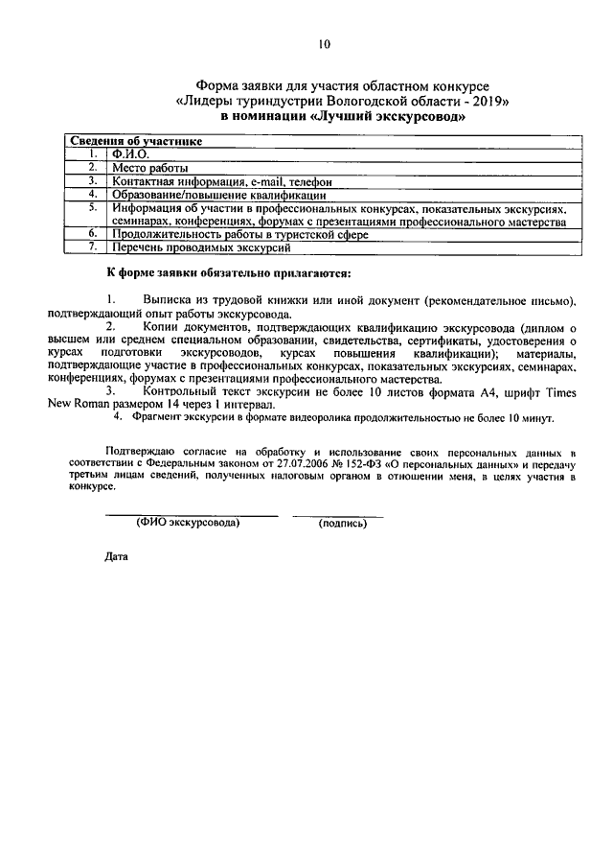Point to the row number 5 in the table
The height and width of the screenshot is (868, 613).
coord(92,207)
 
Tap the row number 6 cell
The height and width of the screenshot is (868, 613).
coord(92,234)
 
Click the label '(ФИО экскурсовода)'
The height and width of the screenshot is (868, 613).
coord(188,524)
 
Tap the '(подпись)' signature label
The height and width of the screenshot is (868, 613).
coord(342,524)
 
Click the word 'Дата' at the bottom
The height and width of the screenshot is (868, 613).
coord(115,555)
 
